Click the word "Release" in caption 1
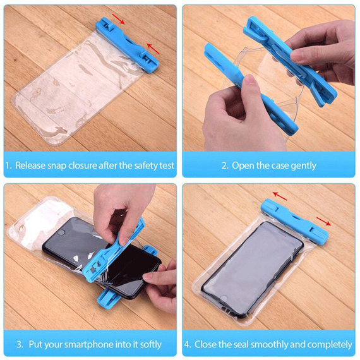30,165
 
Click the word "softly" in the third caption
150,345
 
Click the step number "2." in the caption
225,165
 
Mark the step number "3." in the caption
20,345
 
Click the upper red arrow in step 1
118,19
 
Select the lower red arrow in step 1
153,49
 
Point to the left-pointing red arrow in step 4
280,196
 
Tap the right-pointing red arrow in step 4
324,221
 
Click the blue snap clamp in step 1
127,44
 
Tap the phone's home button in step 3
61,232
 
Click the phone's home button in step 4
224,298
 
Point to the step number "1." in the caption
8,165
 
